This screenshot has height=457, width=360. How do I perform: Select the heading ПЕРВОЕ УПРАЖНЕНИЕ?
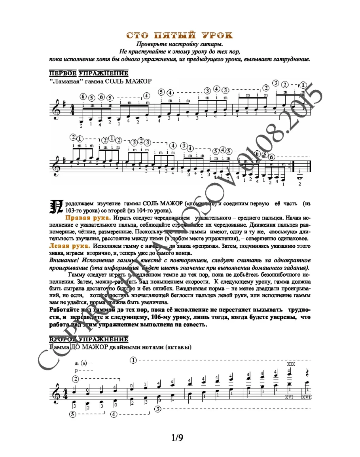(x=88, y=73)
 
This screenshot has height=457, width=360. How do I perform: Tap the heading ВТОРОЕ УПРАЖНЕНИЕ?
(x=88, y=339)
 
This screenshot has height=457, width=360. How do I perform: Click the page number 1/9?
(x=178, y=438)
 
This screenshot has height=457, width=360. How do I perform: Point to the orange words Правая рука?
(x=89, y=217)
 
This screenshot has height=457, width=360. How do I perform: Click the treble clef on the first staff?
(x=56, y=110)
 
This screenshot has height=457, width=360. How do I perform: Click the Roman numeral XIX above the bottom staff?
(x=291, y=364)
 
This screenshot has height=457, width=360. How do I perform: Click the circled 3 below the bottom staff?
(x=158, y=409)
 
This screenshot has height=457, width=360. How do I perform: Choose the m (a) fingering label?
(x=83, y=363)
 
